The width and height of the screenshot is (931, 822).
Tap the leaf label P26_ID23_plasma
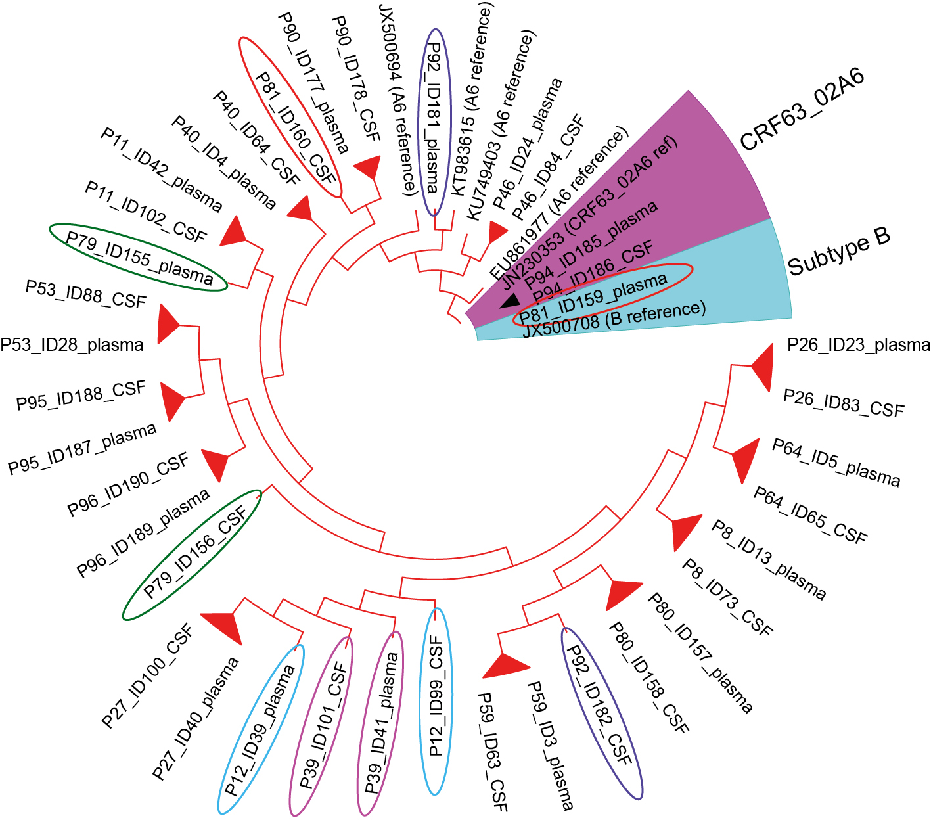click(x=858, y=345)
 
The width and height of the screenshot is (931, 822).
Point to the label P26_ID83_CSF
click(x=844, y=403)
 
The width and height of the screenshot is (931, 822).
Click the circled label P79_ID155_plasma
click(x=139, y=256)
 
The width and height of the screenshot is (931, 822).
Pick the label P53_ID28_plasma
click(x=72, y=345)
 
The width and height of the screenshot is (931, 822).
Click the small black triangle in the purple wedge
click(x=510, y=302)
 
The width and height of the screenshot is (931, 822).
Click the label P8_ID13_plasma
click(x=769, y=559)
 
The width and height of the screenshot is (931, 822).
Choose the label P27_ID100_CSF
click(x=147, y=676)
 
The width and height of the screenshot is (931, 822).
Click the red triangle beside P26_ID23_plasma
click(x=761, y=367)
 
